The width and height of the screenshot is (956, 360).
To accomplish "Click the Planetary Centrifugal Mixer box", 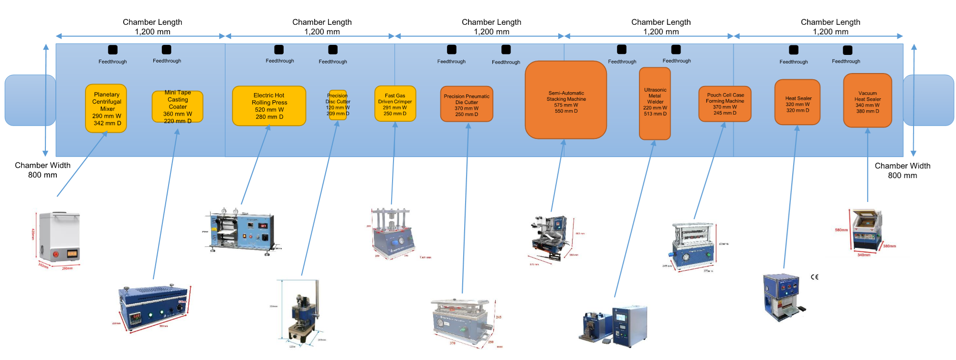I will [x=106, y=108].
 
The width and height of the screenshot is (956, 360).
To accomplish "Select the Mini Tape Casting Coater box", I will [x=178, y=107].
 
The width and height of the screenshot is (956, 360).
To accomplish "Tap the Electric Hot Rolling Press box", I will [x=269, y=106].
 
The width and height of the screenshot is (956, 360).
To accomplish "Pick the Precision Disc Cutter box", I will [x=338, y=105].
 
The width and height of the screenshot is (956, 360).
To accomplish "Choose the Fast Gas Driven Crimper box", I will [x=395, y=104].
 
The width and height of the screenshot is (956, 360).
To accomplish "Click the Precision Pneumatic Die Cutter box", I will [x=467, y=105].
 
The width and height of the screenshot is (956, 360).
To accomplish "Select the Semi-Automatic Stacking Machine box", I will [x=566, y=100].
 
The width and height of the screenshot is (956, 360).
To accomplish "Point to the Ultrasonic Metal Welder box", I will [x=655, y=104].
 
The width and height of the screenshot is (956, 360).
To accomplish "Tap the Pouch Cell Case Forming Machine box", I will [x=725, y=104].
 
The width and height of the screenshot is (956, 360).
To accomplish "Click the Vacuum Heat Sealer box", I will [x=867, y=101].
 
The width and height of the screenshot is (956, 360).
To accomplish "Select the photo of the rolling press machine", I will [x=242, y=231].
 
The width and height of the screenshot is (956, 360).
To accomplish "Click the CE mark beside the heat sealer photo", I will [x=815, y=277].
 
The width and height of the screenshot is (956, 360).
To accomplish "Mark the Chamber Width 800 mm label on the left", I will [x=42, y=170].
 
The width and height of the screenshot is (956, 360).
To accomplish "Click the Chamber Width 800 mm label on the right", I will [x=902, y=170].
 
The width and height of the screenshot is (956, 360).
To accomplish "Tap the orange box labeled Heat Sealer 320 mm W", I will [x=797, y=103].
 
